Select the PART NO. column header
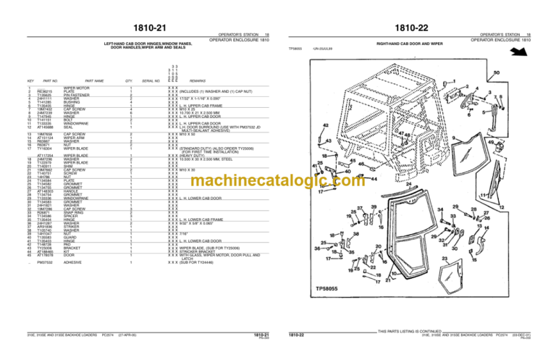coord(50,81)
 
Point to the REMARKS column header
coord(198,81)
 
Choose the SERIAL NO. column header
coord(151,81)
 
